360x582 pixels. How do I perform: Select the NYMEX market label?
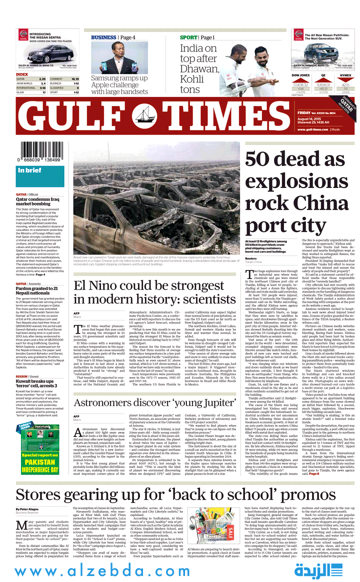coord(345,75)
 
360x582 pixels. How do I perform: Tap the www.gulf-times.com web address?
coord(310,129)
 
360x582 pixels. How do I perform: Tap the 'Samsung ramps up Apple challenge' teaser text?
coord(119,85)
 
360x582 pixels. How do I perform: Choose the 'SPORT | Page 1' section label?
coord(197,37)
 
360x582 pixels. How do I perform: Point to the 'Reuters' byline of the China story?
coord(251,258)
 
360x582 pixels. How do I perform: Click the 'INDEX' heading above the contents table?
coord(22,74)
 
